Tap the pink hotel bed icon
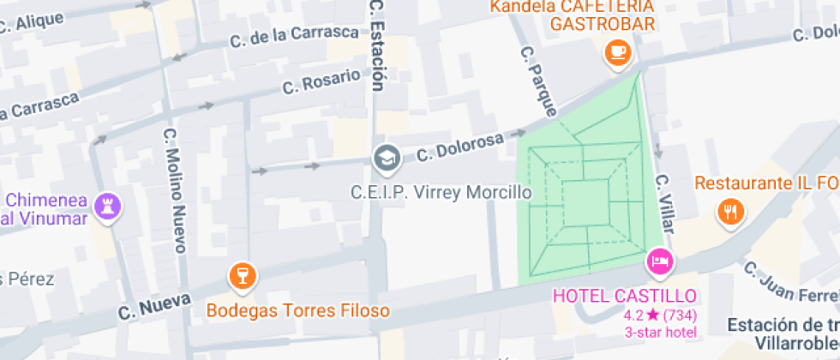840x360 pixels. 659,261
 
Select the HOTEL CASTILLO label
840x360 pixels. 624,297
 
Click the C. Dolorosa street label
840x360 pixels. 460,147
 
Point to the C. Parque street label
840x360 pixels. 538,81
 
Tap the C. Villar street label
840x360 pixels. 664,205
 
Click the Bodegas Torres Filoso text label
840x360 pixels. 298,310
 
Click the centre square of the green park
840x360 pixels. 586,203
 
